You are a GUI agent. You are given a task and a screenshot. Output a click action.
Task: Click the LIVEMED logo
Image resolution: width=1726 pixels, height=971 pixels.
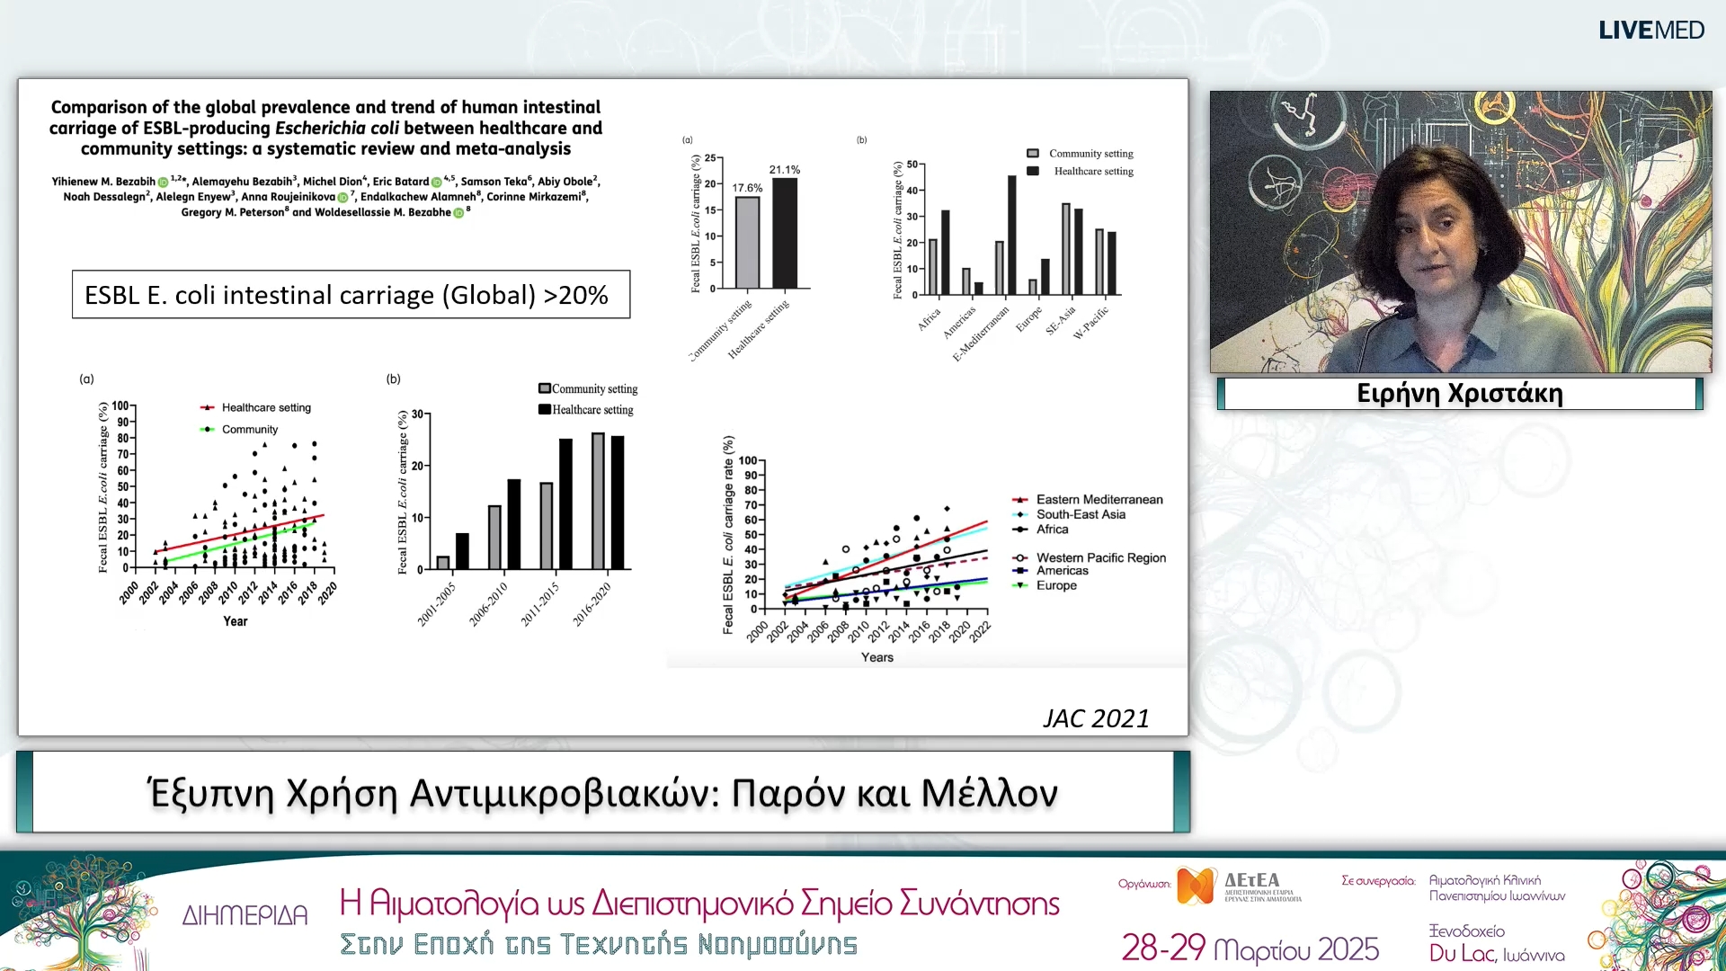pyautogui.click(x=1650, y=31)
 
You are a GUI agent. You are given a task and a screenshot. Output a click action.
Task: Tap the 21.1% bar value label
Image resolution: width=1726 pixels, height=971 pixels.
pyautogui.click(x=784, y=170)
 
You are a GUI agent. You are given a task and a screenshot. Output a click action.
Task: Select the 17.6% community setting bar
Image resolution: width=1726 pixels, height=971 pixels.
pyautogui.click(x=747, y=241)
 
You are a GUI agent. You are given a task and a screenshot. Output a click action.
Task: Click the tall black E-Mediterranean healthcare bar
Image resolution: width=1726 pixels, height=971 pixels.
pyautogui.click(x=1011, y=235)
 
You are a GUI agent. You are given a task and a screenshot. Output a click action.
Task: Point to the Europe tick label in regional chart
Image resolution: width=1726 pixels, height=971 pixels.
pyautogui.click(x=1029, y=319)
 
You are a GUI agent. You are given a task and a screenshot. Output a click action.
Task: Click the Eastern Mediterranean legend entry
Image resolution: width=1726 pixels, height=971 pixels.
pyautogui.click(x=1099, y=500)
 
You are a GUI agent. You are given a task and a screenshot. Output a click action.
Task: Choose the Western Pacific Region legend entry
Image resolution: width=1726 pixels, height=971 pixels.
pyautogui.click(x=1100, y=558)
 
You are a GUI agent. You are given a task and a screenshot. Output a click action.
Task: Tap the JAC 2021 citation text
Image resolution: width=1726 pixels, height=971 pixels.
pyautogui.click(x=1095, y=718)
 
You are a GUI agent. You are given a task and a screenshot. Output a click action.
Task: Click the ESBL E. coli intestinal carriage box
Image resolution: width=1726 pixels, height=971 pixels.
pyautogui.click(x=351, y=295)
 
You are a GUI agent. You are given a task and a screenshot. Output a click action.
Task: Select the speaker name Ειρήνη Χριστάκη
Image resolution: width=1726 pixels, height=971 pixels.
pyautogui.click(x=1459, y=394)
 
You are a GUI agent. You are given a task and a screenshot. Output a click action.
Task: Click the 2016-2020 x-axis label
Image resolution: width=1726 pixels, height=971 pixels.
pyautogui.click(x=592, y=603)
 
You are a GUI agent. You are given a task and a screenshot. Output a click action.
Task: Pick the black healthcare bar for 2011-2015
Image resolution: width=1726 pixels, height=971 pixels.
pyautogui.click(x=565, y=503)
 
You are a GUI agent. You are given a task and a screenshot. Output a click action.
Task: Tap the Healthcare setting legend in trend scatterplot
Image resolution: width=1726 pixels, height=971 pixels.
pyautogui.click(x=265, y=408)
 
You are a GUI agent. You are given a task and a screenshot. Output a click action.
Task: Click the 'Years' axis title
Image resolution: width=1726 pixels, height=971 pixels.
pyautogui.click(x=876, y=657)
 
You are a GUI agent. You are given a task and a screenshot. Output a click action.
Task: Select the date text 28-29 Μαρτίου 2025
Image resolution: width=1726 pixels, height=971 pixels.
pyautogui.click(x=1250, y=949)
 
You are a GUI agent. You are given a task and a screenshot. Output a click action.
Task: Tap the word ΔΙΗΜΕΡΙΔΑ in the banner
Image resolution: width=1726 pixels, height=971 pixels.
pyautogui.click(x=245, y=916)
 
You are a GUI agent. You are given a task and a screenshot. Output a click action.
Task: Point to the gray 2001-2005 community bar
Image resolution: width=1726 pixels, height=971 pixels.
pyautogui.click(x=443, y=562)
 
